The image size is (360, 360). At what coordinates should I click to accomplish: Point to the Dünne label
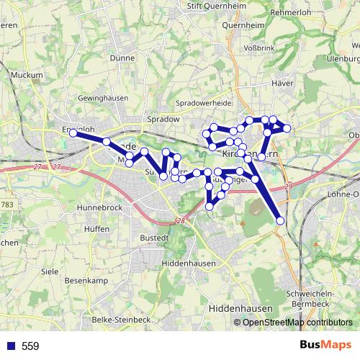pos(123,58)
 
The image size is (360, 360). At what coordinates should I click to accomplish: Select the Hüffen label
pos(96,228)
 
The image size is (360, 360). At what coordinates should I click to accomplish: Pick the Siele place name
pos(50,271)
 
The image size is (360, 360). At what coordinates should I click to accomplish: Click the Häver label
pos(281,84)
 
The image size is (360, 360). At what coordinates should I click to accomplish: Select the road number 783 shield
pos(8,206)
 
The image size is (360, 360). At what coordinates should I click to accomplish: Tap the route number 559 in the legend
pos(30,346)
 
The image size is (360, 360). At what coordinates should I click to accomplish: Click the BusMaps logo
pos(326,346)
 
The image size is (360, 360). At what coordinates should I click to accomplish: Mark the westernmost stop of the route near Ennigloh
pos(73,132)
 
